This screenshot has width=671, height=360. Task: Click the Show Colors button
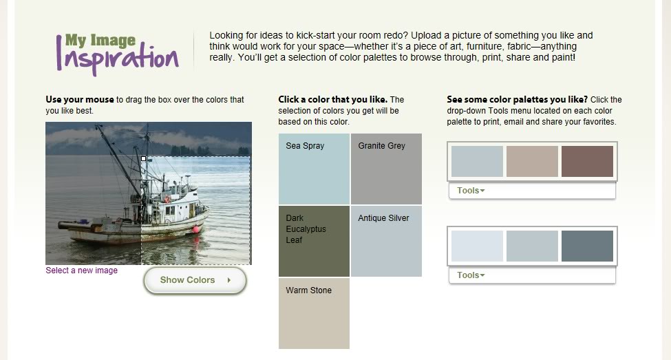(x=195, y=280)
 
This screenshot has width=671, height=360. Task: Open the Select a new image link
(x=81, y=271)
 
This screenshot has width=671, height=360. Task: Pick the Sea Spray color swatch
(x=314, y=169)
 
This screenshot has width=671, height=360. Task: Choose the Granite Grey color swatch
(x=386, y=169)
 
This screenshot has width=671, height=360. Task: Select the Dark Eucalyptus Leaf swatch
(x=314, y=241)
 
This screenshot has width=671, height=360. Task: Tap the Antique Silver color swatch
(x=386, y=241)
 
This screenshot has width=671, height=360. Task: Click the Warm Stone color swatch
(x=314, y=313)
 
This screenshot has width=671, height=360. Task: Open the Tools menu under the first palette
(x=471, y=191)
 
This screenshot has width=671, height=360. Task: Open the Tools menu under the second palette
(x=471, y=275)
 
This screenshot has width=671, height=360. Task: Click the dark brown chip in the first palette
(x=587, y=161)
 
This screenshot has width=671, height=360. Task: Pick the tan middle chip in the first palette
(x=533, y=161)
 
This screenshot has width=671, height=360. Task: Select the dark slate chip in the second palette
(x=587, y=246)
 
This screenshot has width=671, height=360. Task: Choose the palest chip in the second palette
(x=477, y=246)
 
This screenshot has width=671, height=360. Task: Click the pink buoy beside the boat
(x=196, y=229)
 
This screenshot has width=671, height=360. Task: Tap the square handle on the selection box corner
(x=144, y=159)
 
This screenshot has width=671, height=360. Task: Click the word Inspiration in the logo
(x=117, y=59)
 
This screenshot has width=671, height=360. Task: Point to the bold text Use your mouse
(x=80, y=100)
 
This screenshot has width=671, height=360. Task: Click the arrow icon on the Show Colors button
(x=229, y=280)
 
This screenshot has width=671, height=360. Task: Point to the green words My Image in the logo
(x=100, y=41)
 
